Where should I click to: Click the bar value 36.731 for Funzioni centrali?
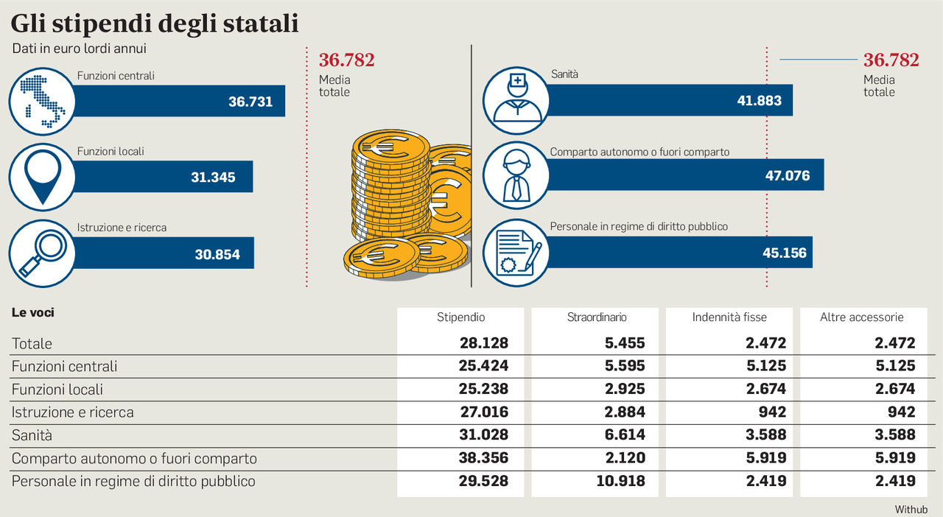pos(250,102)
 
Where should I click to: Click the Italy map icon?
pos(41,101)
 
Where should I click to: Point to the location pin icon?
pos(41,177)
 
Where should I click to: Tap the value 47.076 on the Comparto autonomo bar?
pos(787,176)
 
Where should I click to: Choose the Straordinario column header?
pos(597,317)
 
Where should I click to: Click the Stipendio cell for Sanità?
pos(483,435)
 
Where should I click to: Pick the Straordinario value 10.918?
pos(620,481)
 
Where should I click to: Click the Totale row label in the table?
pos(32,343)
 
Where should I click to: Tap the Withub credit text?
pos(911,509)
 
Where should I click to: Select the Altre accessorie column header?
pos(861,317)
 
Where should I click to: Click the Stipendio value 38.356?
pos(483,458)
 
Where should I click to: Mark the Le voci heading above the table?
pos(33,312)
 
